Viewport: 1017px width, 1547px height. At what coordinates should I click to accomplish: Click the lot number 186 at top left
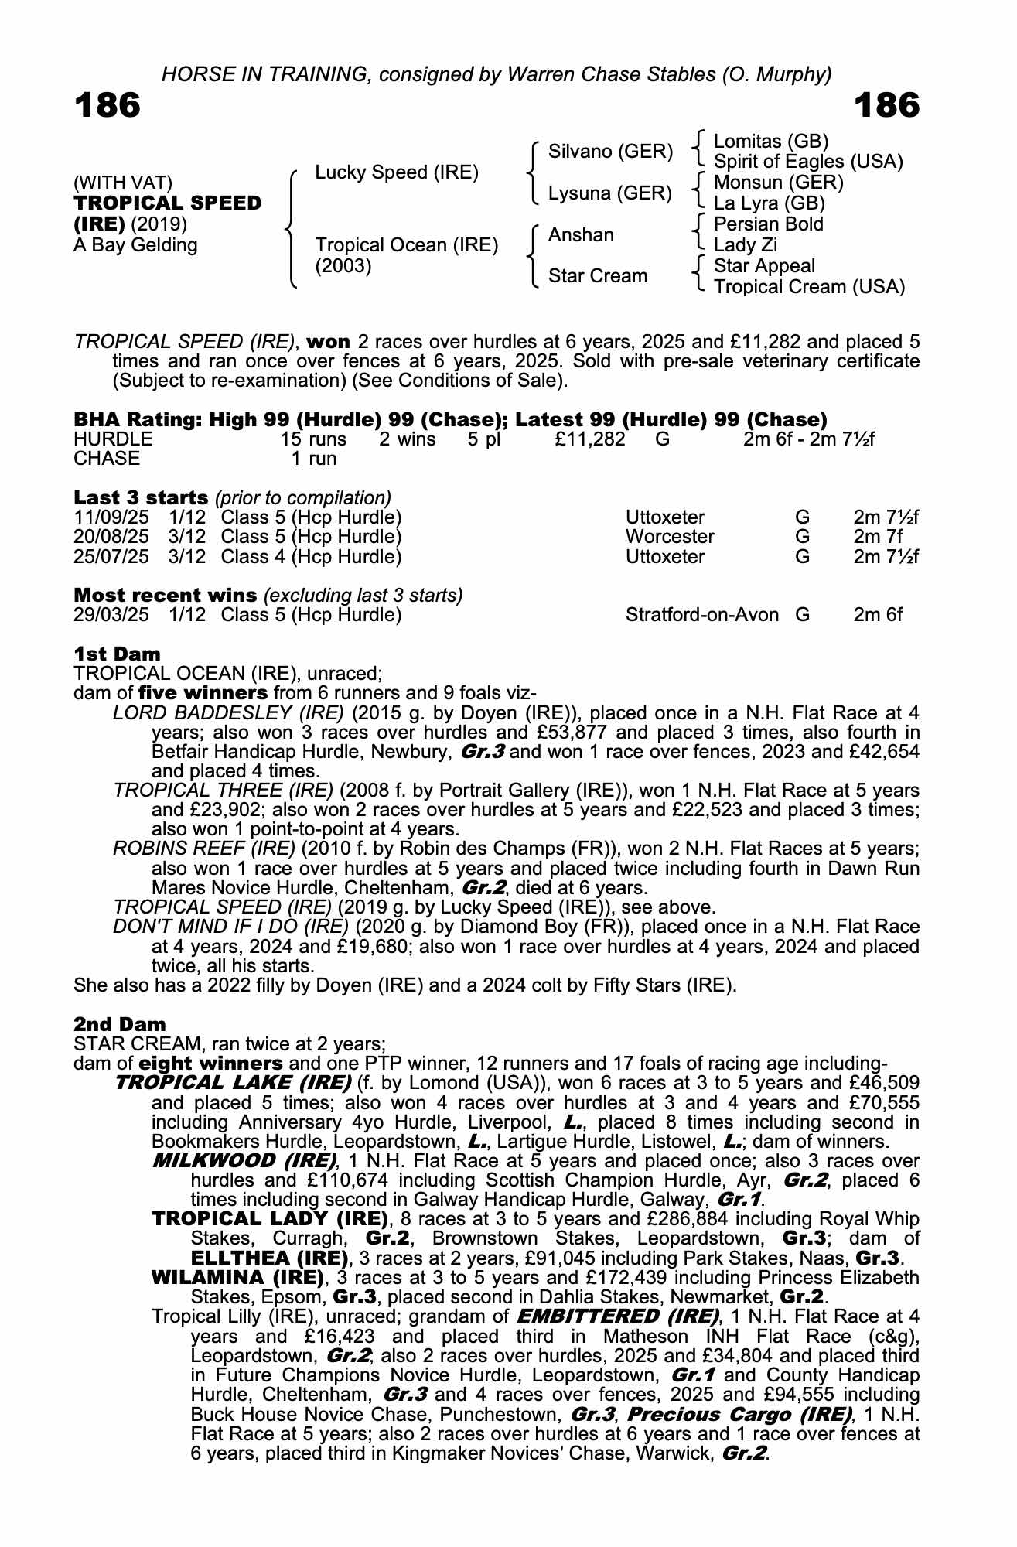coord(108,105)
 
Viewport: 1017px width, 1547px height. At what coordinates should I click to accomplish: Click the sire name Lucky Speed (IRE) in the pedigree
coord(397,172)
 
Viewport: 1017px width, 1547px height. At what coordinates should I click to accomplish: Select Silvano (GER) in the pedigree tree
coord(610,152)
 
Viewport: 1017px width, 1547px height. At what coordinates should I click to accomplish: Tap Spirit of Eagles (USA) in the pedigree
coord(808,162)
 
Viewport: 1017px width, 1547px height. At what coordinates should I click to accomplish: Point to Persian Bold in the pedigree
coord(768,224)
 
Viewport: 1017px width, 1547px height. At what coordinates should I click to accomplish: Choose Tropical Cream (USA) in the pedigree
coord(809,287)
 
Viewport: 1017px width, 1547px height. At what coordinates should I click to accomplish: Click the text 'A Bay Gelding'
coord(135,245)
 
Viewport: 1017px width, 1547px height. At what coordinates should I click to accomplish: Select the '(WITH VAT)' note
coord(123,183)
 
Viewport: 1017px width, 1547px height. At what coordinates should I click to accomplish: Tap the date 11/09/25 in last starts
coord(111,517)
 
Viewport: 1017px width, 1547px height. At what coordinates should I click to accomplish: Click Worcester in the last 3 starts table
coord(670,537)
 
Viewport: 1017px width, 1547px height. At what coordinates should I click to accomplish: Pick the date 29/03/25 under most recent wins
coord(111,615)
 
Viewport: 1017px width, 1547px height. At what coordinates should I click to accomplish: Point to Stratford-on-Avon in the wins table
coord(701,615)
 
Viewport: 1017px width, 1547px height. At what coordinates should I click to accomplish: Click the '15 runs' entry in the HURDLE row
coord(313,439)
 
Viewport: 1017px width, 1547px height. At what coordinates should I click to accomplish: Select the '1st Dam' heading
coord(117,654)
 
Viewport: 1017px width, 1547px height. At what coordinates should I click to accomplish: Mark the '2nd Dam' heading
coord(119,1024)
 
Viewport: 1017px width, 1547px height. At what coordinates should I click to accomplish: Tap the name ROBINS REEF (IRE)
coord(204,849)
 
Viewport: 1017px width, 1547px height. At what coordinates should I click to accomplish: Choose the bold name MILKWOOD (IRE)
coord(244,1161)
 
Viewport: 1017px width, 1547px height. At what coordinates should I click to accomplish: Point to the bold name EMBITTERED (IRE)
coord(617,1316)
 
